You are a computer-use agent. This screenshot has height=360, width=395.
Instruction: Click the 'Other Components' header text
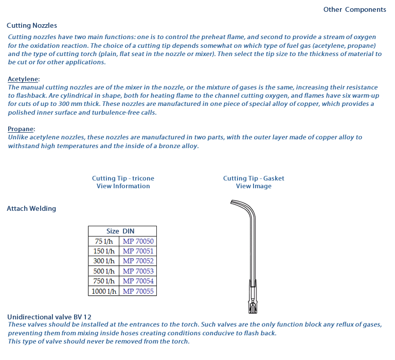click(354, 10)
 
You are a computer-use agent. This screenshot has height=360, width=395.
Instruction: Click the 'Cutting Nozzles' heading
click(32, 25)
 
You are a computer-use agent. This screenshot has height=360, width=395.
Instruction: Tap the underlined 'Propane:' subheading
click(22, 129)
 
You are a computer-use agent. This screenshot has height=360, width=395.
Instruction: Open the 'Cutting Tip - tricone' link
click(123, 178)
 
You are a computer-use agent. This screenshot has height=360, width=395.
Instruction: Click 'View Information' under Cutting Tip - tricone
click(123, 186)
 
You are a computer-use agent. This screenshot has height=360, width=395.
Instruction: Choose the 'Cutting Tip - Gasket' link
click(254, 178)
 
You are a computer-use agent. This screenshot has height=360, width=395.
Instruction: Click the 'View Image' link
click(254, 186)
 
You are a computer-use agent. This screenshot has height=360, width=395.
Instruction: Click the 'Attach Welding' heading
click(31, 208)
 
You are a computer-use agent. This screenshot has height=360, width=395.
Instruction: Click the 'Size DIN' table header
click(122, 231)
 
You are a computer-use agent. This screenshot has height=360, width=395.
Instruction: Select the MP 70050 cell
click(138, 241)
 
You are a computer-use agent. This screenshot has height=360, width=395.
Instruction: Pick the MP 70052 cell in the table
click(138, 261)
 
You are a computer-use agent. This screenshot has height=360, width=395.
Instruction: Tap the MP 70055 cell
click(138, 291)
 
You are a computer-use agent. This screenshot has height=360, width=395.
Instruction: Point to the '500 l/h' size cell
click(104, 271)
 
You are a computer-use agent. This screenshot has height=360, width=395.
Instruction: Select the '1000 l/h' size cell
click(104, 291)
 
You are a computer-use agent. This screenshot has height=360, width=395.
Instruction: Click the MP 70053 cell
click(138, 271)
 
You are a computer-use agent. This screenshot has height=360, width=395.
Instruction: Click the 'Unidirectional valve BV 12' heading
click(49, 317)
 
